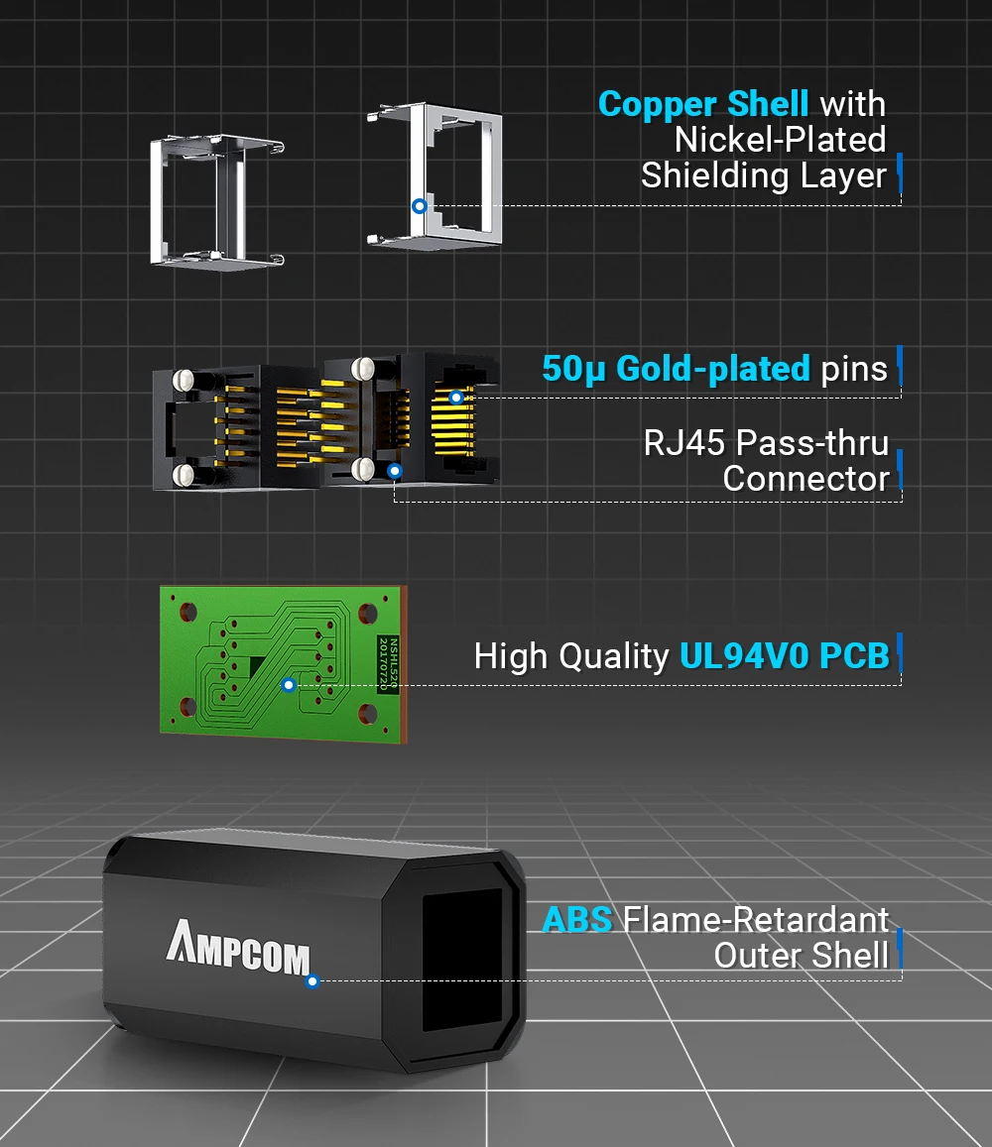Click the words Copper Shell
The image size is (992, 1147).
click(703, 104)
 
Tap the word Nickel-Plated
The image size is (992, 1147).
click(780, 140)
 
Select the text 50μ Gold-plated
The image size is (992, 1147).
click(676, 369)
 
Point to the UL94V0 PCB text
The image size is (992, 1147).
click(785, 656)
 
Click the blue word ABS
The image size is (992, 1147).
click(576, 920)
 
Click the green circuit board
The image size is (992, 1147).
click(278, 659)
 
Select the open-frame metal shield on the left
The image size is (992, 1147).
click(217, 201)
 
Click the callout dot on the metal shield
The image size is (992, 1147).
click(420, 206)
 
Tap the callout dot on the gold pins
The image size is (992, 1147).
click(456, 398)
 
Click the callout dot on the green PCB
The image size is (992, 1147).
click(289, 684)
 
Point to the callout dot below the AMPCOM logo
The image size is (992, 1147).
click(312, 981)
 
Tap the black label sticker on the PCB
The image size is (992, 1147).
click(388, 662)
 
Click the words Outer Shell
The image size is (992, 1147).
click(802, 956)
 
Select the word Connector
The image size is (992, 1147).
click(806, 479)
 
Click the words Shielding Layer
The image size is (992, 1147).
click(763, 175)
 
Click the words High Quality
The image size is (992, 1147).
click(571, 656)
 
